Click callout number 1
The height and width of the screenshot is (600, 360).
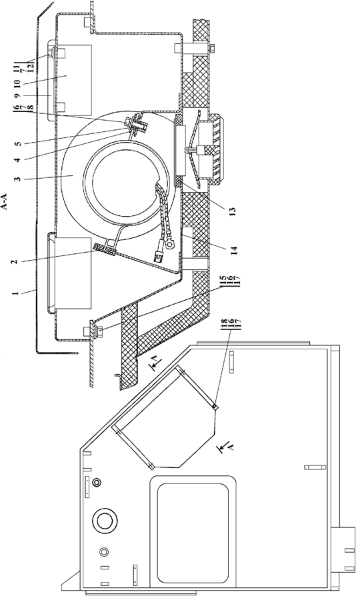[x=15, y=293]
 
